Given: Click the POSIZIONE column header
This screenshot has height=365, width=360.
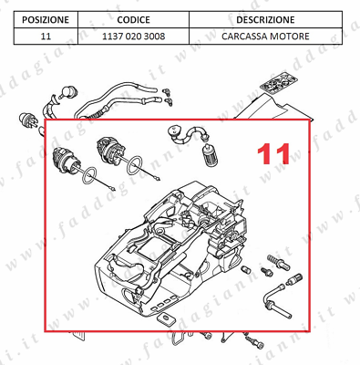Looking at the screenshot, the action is pos(46,20).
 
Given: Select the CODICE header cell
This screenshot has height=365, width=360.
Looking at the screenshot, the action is pos(133,20).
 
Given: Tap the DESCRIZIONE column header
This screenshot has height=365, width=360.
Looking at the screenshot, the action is pos(265,20).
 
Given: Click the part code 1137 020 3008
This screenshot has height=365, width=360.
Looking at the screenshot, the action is pos(133,36).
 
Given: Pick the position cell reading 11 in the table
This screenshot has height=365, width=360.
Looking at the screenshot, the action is pos(46,36).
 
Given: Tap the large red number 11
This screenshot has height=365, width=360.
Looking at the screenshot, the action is pos(273,154).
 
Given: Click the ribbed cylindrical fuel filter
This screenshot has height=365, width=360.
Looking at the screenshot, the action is pos(210,154).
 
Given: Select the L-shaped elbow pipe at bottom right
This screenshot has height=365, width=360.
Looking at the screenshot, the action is pos(275,300).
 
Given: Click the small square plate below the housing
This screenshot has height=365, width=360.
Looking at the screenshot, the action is pos(166,318).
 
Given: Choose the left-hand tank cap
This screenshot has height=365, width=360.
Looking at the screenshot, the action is pos(67,161).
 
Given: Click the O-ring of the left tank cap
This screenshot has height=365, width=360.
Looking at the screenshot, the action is pos(89,175).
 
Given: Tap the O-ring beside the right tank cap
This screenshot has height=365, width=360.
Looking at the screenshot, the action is pos(134,165).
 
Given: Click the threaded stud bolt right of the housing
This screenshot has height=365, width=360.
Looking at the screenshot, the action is pos(278,262).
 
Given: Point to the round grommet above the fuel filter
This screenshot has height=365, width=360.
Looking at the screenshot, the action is pos(175,130).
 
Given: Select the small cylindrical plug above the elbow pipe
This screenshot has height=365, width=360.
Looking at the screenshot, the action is pos(294,278).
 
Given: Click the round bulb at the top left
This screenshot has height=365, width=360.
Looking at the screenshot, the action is pos(67,92).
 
